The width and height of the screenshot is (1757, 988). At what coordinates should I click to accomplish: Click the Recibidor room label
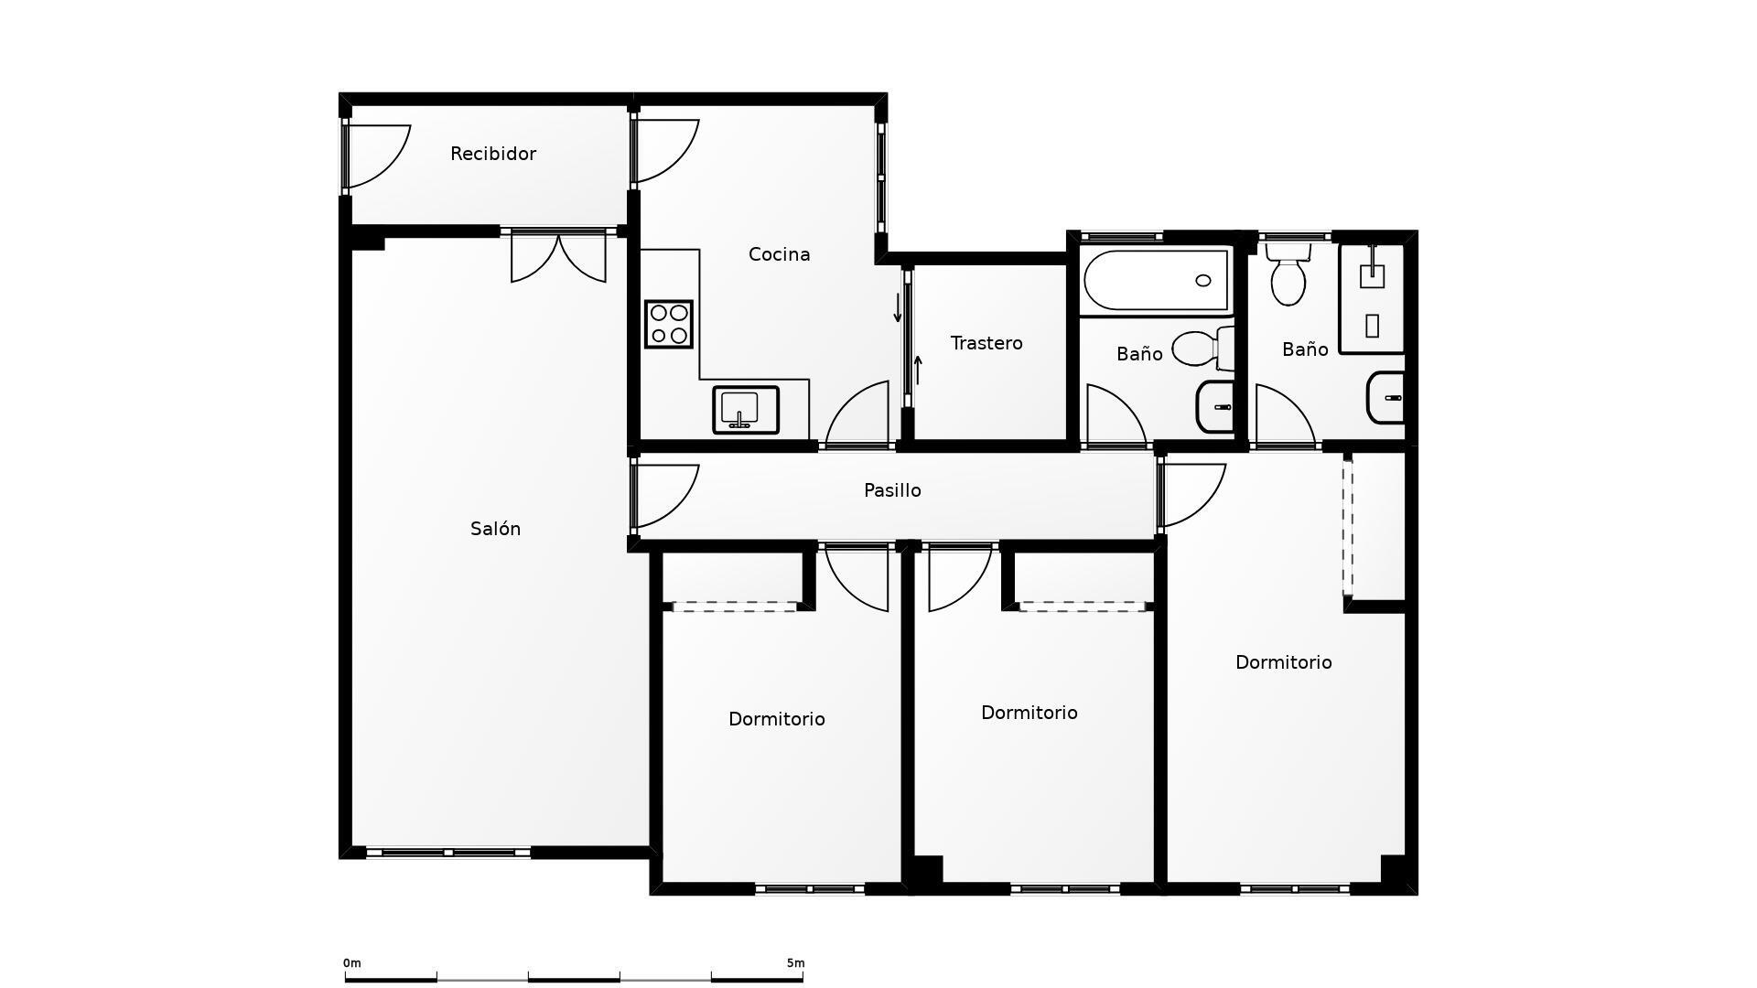pyautogui.click(x=493, y=154)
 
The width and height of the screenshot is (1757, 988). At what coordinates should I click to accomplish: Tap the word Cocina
pyautogui.click(x=779, y=254)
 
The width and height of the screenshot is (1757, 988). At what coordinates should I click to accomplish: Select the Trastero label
pyautogui.click(x=986, y=343)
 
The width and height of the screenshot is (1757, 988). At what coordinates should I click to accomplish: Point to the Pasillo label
pyautogui.click(x=892, y=490)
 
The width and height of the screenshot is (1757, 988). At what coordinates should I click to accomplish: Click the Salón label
pyautogui.click(x=495, y=529)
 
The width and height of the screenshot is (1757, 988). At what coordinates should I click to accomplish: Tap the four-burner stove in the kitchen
pyautogui.click(x=669, y=324)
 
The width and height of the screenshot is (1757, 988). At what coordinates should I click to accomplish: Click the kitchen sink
pyautogui.click(x=746, y=410)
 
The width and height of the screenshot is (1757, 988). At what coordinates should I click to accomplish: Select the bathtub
pyautogui.click(x=1156, y=281)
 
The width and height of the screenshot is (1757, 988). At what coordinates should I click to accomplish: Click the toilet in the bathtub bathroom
pyautogui.click(x=1203, y=349)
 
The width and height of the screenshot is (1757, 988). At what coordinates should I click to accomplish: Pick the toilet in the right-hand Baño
pyautogui.click(x=1288, y=274)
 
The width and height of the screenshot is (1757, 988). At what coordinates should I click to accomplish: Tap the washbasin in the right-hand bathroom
pyautogui.click(x=1385, y=398)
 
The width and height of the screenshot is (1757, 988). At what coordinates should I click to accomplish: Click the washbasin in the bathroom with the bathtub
pyautogui.click(x=1216, y=406)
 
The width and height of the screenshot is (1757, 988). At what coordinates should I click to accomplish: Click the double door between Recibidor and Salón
pyautogui.click(x=558, y=256)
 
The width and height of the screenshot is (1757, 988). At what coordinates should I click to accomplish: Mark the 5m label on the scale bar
pyautogui.click(x=795, y=963)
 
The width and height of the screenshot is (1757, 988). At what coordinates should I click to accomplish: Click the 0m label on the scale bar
pyautogui.click(x=352, y=963)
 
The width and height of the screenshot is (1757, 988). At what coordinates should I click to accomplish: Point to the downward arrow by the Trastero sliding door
pyautogui.click(x=898, y=307)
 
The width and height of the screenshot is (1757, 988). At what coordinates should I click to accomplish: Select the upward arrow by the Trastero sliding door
pyautogui.click(x=918, y=370)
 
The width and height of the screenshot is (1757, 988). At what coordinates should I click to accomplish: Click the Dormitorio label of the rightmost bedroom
pyautogui.click(x=1283, y=662)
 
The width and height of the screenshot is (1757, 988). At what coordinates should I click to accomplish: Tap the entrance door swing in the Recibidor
pyautogui.click(x=377, y=157)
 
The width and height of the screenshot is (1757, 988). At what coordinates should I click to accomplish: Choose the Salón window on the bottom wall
pyautogui.click(x=448, y=853)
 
